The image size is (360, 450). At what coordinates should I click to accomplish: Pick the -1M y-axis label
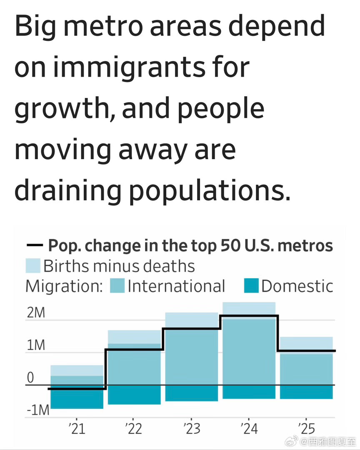click(37, 410)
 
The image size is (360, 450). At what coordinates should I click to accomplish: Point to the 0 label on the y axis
click(30, 378)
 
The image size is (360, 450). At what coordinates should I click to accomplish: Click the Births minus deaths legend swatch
click(33, 266)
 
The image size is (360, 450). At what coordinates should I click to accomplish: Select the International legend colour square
click(117, 286)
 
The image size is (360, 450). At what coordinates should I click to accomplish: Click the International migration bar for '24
click(249, 354)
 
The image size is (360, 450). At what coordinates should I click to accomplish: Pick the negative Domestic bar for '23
click(191, 393)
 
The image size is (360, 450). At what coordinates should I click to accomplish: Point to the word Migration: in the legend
click(64, 286)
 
